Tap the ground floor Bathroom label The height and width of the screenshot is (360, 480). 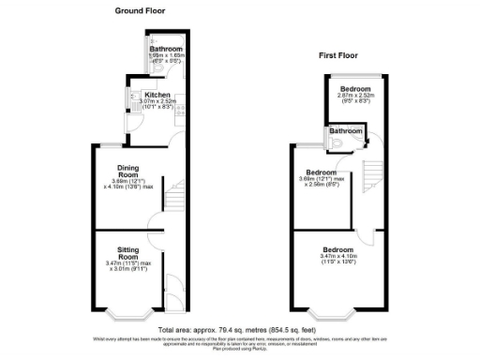(x=165, y=49)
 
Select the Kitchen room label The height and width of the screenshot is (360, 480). (x=156, y=95)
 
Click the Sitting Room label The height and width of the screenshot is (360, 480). (x=128, y=253)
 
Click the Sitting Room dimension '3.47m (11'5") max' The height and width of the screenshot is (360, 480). (x=130, y=264)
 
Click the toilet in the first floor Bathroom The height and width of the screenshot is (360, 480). (x=331, y=141)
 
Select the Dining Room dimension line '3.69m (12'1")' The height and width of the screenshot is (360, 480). (x=128, y=180)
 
